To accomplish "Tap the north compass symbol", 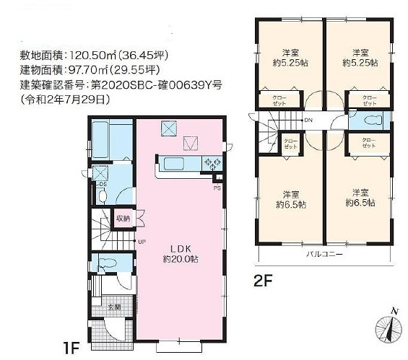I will pyautogui.click(x=390, y=328).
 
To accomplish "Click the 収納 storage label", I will pyautogui.click(x=122, y=218).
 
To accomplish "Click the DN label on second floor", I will pyautogui.click(x=308, y=120).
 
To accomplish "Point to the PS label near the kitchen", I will pyautogui.click(x=217, y=188).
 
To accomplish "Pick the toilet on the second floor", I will pyautogui.click(x=370, y=120).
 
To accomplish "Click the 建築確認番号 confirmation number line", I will pyautogui.click(x=118, y=84).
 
